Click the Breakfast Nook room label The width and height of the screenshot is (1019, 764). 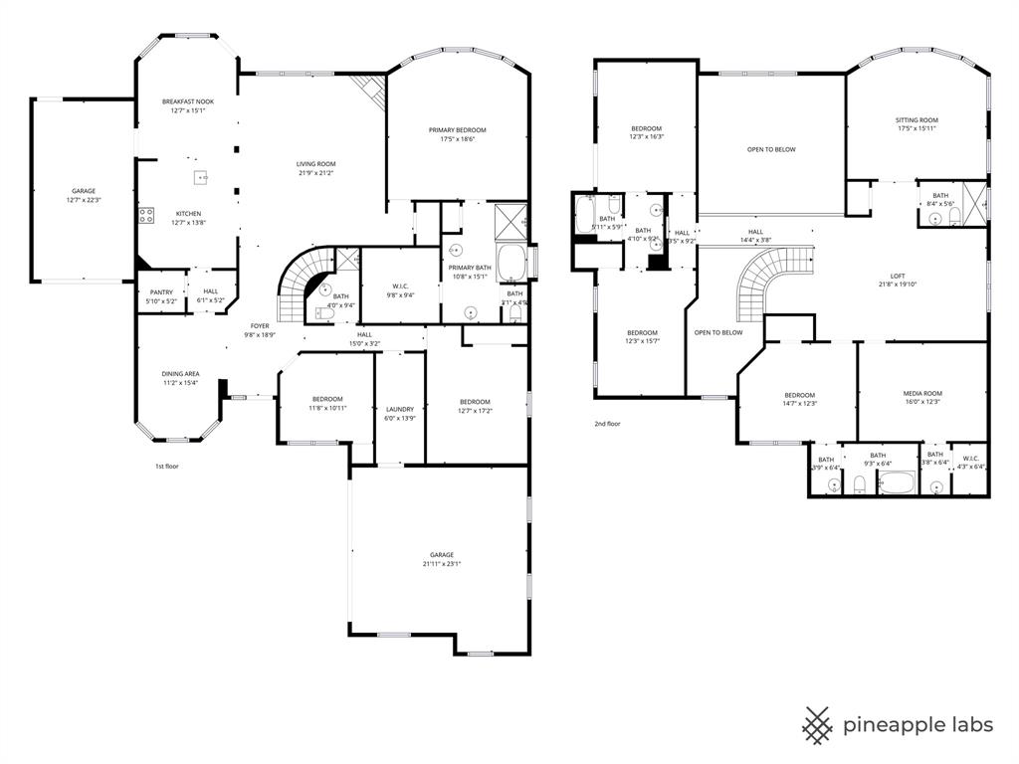click(x=188, y=101)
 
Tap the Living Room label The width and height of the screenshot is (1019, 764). click(x=315, y=164)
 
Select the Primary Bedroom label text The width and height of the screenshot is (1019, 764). click(x=458, y=130)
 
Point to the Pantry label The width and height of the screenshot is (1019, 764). click(x=161, y=292)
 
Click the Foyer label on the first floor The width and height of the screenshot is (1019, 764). click(x=260, y=325)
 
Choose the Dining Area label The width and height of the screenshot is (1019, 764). click(x=180, y=374)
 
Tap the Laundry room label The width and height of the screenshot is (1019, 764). click(x=399, y=409)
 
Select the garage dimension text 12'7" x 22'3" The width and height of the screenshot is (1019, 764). click(x=84, y=200)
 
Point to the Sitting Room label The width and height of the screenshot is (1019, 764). click(x=917, y=120)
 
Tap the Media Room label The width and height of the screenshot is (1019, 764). click(x=922, y=394)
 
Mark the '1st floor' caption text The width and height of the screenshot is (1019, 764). click(x=166, y=466)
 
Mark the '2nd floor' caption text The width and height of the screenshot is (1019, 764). click(x=607, y=424)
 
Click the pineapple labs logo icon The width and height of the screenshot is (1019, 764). click(x=818, y=724)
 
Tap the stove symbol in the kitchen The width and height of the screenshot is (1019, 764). click(x=146, y=214)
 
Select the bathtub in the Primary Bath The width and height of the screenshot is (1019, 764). click(x=511, y=264)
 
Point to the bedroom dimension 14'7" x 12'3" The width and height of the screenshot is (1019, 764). click(x=799, y=404)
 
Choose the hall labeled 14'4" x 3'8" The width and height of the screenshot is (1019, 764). click(x=756, y=240)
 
